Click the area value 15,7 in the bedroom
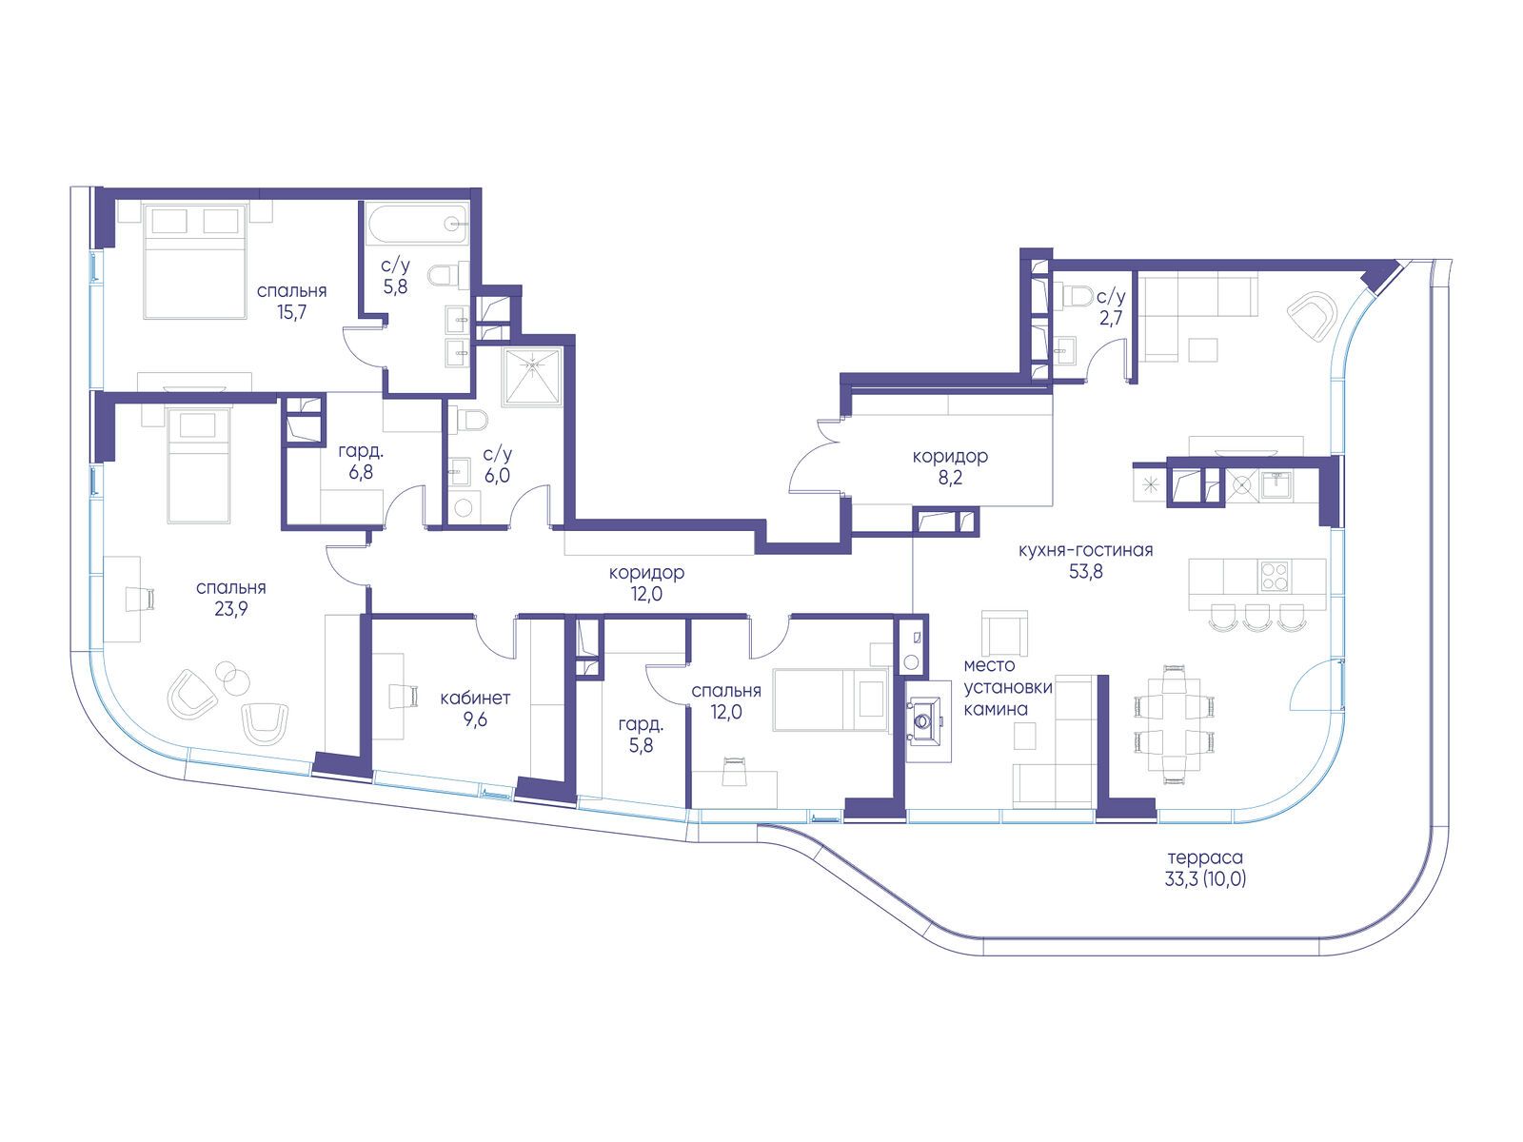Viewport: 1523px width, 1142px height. click(x=291, y=312)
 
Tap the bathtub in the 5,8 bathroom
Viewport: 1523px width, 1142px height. click(x=418, y=223)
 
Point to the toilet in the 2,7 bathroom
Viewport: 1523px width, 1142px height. click(x=1078, y=296)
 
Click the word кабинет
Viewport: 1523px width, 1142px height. click(x=475, y=698)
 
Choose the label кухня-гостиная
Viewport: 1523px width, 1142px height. click(x=1085, y=551)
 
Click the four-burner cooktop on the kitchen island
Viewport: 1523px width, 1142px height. click(x=1275, y=576)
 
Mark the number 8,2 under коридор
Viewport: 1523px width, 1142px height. click(x=950, y=478)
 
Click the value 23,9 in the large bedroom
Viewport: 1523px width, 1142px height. click(x=231, y=609)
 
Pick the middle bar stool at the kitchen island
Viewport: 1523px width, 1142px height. click(x=1256, y=617)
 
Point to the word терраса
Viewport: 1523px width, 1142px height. click(x=1205, y=857)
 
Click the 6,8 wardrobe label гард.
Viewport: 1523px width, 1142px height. click(x=361, y=452)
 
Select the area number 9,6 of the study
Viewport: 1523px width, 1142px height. click(x=475, y=719)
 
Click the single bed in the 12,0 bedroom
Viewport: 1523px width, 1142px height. click(x=831, y=699)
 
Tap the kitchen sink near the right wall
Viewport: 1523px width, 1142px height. click(x=1276, y=484)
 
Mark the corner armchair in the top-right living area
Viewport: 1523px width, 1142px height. click(x=1312, y=316)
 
